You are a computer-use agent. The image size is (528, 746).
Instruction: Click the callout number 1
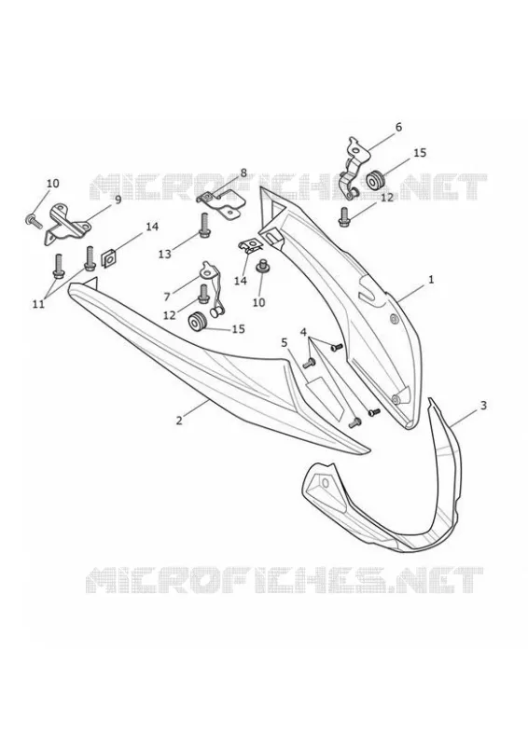(431, 279)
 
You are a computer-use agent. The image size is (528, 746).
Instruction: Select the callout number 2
(179, 421)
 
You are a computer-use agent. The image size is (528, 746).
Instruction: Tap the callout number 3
(483, 406)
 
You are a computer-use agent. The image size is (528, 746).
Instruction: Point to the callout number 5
(285, 342)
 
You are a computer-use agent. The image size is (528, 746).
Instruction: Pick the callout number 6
(398, 127)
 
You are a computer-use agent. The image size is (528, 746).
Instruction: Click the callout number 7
(167, 297)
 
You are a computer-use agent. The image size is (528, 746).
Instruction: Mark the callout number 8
(243, 173)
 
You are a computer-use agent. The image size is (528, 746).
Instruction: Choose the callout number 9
(118, 200)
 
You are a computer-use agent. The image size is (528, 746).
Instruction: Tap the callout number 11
(38, 304)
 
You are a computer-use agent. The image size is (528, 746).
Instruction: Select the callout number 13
(165, 254)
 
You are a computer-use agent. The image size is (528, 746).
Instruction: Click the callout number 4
(303, 332)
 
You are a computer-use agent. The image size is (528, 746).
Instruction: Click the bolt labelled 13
(205, 226)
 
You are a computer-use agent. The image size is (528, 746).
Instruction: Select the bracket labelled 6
(354, 168)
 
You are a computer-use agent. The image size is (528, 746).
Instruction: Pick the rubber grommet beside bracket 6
(377, 181)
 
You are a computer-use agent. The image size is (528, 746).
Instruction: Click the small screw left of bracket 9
(34, 220)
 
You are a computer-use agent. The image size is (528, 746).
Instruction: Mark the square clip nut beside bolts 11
(108, 260)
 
